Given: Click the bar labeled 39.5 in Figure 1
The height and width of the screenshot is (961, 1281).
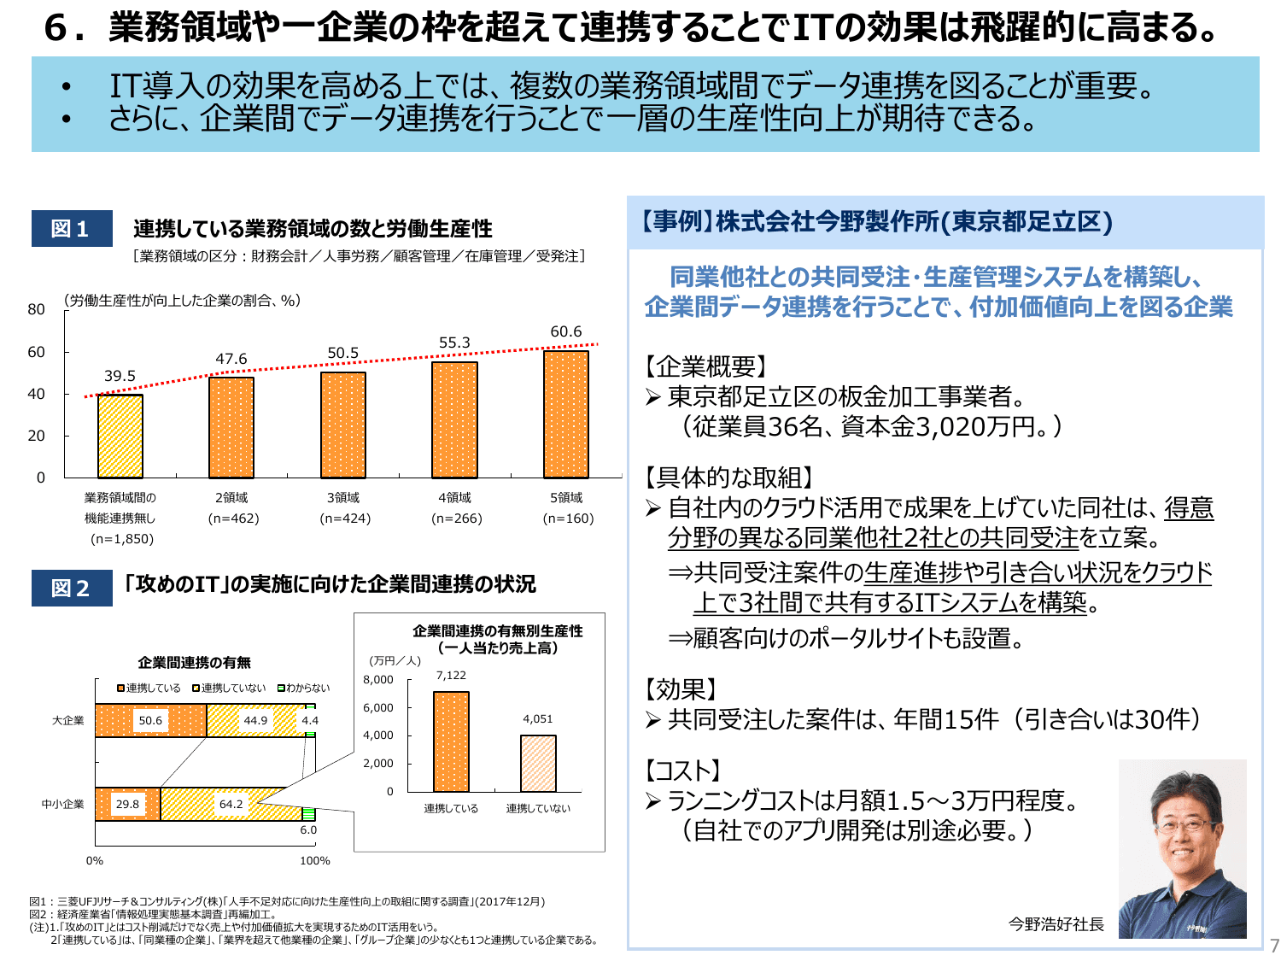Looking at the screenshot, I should point(120,437).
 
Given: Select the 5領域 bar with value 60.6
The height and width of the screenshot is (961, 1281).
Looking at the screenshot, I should point(566,414).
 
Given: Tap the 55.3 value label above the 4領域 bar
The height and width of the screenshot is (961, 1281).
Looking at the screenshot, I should point(454,343).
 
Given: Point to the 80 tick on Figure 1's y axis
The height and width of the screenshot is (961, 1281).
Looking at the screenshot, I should point(36,309).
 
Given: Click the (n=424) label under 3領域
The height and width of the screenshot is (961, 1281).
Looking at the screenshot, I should point(345,519).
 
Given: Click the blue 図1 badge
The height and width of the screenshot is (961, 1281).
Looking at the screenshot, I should point(72,229).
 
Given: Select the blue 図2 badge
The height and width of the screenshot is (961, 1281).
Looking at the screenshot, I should point(72,588).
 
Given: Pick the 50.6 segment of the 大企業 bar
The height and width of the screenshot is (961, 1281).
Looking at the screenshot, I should point(150,720).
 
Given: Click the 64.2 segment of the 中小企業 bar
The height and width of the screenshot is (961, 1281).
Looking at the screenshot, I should point(231,804).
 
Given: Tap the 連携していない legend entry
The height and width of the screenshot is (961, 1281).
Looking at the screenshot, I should point(228,688).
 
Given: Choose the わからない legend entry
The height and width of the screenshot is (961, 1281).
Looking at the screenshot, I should point(303,688).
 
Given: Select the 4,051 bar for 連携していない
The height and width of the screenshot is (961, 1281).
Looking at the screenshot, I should point(538,764).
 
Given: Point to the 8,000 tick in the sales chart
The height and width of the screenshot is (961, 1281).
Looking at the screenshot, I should point(378,680).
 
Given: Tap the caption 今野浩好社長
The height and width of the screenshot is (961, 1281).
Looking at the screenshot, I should point(1056,924).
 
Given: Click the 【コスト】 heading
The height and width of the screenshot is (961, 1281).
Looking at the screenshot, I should point(682,771).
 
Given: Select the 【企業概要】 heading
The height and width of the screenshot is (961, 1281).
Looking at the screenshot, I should point(705,366).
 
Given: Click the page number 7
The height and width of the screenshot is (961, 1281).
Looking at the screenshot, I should point(1274,946).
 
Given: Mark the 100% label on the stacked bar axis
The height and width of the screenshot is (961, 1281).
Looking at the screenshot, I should point(314,860).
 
